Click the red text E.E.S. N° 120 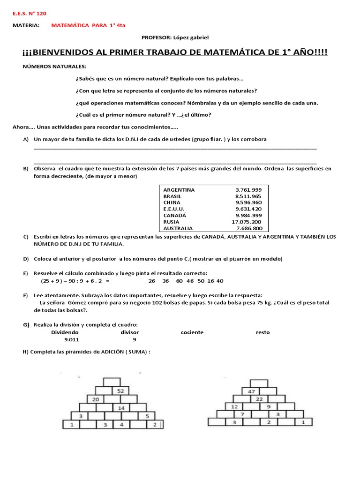(x=29, y=13)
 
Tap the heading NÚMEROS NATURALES (x=55, y=67)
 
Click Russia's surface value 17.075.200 (x=246, y=222)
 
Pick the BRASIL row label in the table (x=172, y=196)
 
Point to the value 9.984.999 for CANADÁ (x=248, y=215)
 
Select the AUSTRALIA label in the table (x=178, y=228)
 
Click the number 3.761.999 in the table (x=248, y=190)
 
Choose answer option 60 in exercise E (x=179, y=281)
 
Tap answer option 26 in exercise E (x=151, y=281)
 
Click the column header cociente (x=192, y=332)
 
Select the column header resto (x=262, y=332)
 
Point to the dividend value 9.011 (x=72, y=339)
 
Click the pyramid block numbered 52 (x=120, y=390)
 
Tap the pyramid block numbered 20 (x=95, y=399)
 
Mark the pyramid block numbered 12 (x=235, y=406)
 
